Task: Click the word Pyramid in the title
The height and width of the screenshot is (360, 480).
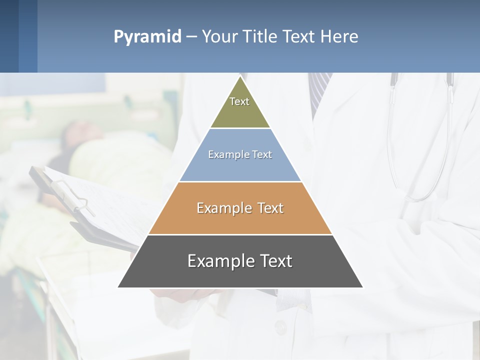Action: click(x=147, y=37)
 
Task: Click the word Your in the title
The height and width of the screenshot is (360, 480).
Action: click(x=219, y=37)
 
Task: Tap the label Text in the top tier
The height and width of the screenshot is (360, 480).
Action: click(x=239, y=101)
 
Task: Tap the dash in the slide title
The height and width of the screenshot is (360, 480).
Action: click(x=191, y=37)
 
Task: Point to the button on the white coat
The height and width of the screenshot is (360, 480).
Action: click(x=280, y=327)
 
